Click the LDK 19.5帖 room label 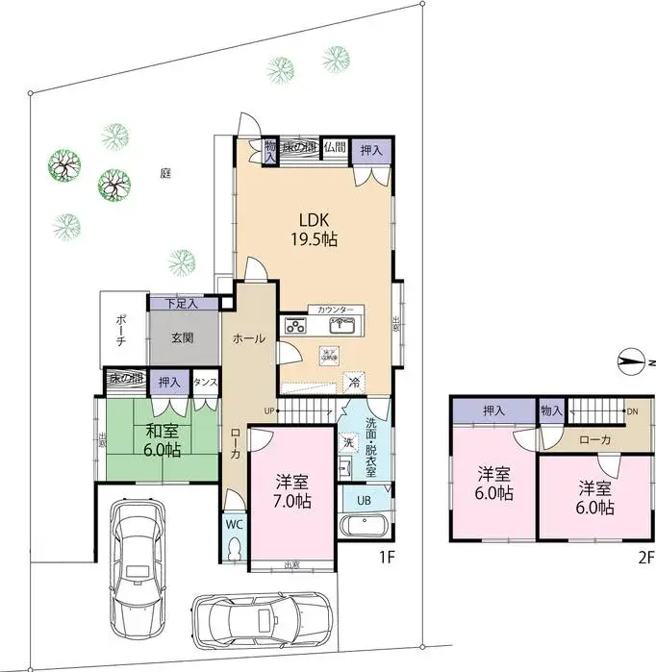[315, 228]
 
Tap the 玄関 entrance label [184, 338]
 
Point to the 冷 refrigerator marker [354, 381]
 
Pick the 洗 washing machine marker [348, 445]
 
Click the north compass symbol [630, 362]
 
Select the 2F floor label [643, 557]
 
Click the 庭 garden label [165, 173]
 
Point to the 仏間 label [334, 147]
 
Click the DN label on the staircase [631, 412]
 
